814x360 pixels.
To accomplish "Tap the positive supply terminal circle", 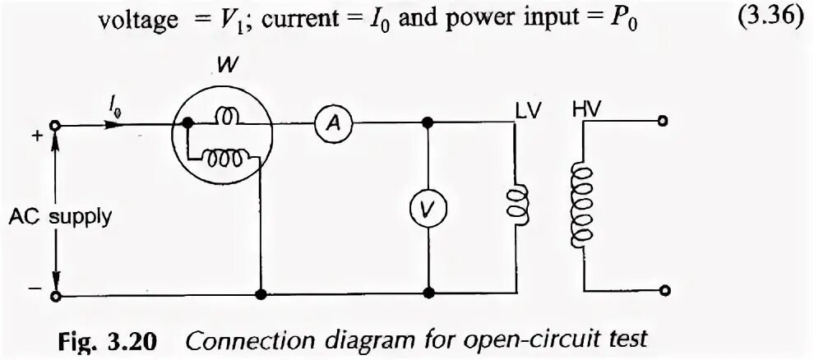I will (55, 125).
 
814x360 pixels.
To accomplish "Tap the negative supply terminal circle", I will (55, 295).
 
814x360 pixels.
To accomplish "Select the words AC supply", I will (60, 218).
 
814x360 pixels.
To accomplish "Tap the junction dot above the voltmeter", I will (427, 124).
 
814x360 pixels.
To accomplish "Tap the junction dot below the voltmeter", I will (427, 293).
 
